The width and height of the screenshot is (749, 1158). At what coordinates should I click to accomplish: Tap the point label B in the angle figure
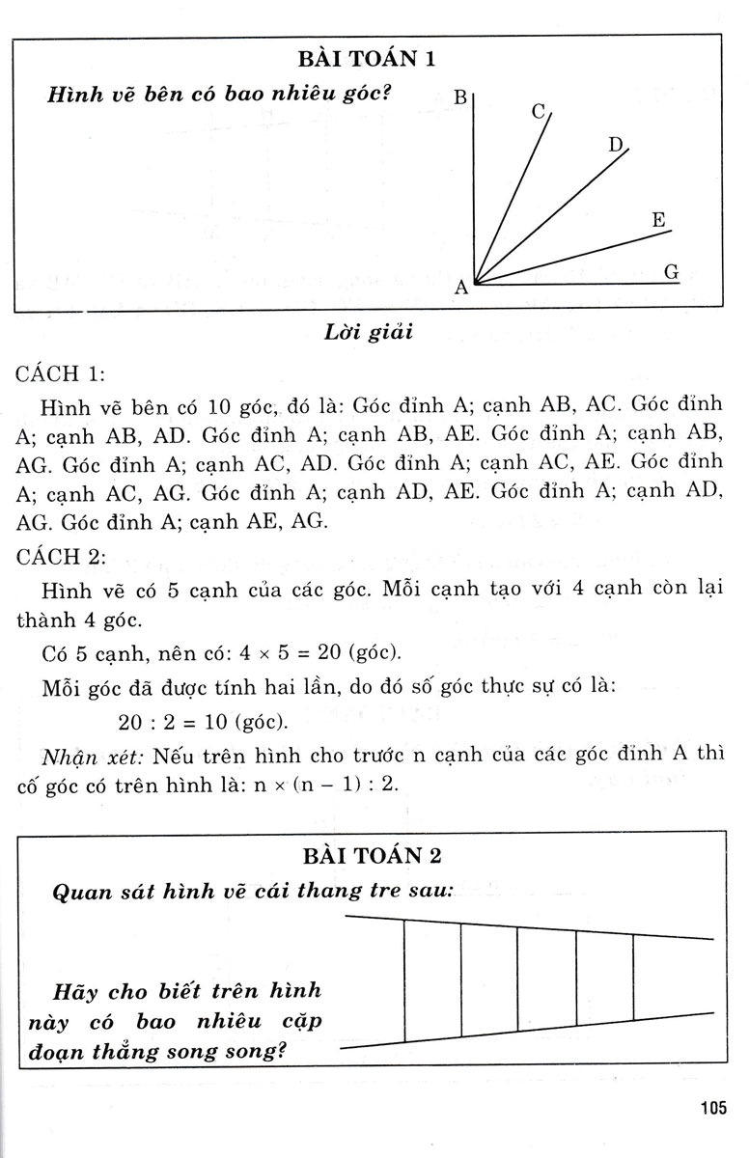tap(460, 97)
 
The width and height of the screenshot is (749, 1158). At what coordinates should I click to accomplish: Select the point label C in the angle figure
tap(539, 111)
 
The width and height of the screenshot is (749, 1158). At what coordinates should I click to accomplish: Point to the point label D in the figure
tap(616, 146)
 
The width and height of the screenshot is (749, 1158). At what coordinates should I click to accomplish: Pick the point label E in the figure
tap(659, 220)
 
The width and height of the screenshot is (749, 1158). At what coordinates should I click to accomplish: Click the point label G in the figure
tap(672, 272)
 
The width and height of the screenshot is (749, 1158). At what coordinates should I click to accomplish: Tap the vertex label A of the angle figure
tap(460, 287)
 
